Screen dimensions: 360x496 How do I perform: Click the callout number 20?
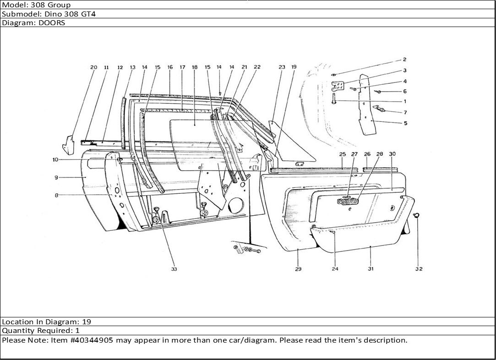click(x=93, y=67)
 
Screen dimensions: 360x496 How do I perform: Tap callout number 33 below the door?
click(x=174, y=269)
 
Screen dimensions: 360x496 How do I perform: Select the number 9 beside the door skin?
click(x=55, y=177)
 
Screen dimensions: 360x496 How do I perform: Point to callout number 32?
click(x=419, y=269)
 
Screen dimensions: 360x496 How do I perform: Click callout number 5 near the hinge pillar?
click(x=405, y=123)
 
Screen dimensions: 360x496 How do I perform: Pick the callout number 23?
click(x=282, y=67)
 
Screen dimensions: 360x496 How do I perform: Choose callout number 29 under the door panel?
click(x=298, y=269)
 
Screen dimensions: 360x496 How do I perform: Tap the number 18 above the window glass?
click(x=195, y=67)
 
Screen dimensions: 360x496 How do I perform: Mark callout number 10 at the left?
click(x=55, y=160)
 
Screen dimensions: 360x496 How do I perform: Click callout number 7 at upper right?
click(x=405, y=112)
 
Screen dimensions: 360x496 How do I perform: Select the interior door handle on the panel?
click(x=347, y=201)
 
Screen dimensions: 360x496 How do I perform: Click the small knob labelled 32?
click(x=417, y=215)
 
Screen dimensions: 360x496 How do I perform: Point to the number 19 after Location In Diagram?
click(x=87, y=322)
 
